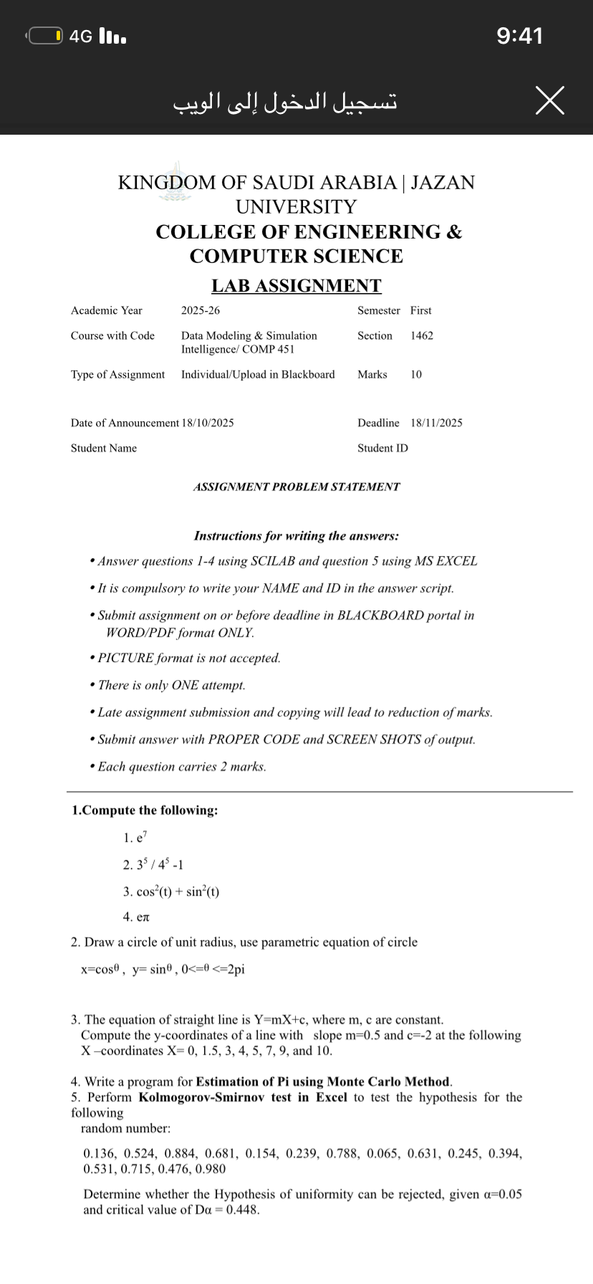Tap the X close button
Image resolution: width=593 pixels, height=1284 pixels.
coord(549,100)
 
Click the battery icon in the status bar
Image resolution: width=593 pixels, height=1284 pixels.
coord(44,36)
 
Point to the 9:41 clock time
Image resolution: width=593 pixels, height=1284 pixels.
coord(520,36)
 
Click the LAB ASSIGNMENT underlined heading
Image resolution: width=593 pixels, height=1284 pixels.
coord(296,285)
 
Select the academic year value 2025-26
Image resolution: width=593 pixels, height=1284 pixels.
coord(201,310)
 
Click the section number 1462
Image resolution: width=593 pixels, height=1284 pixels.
coord(422,335)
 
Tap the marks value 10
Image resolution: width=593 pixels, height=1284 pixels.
coord(416,375)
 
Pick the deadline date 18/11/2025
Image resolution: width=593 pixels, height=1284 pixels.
coord(436,423)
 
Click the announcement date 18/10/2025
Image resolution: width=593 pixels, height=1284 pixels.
coord(208,423)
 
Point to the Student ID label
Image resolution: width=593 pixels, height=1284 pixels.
coord(382,448)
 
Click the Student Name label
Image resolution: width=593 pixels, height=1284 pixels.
coord(104,448)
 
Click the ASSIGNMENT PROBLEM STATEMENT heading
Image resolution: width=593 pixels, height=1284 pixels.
coord(296,487)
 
